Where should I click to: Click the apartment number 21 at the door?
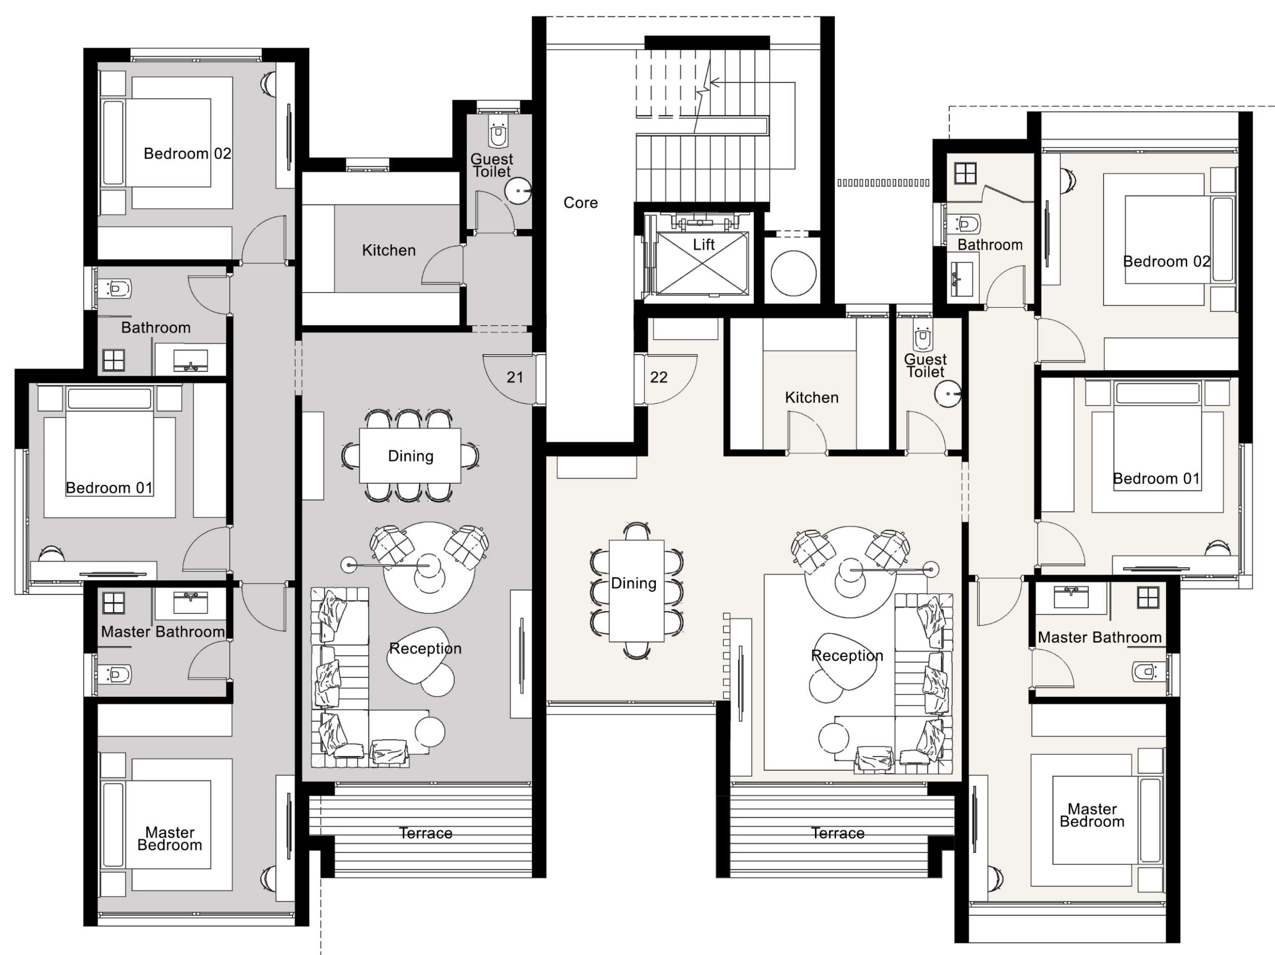click(x=515, y=377)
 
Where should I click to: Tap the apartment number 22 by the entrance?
click(x=658, y=377)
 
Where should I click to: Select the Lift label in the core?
click(x=703, y=244)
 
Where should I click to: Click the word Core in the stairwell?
click(x=580, y=202)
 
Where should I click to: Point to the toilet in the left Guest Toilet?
click(x=499, y=135)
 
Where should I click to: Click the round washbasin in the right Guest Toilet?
click(x=948, y=394)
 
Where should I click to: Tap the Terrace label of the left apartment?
click(x=425, y=833)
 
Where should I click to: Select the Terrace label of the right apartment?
click(x=838, y=833)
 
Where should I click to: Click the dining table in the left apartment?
click(x=410, y=456)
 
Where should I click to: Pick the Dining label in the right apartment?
click(x=633, y=583)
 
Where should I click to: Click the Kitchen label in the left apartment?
click(x=389, y=250)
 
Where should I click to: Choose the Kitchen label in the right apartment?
click(x=812, y=397)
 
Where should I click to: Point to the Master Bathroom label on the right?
click(x=1099, y=637)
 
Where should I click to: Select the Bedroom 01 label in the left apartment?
click(x=109, y=488)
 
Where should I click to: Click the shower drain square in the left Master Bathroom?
click(x=114, y=603)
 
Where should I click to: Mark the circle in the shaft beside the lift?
click(x=793, y=273)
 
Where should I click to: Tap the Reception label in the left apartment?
click(x=425, y=648)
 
